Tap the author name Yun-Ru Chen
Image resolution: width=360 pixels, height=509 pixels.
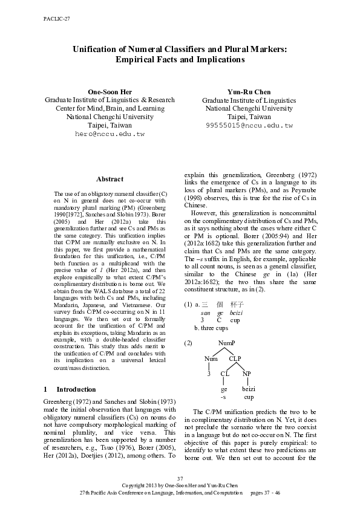[249, 91]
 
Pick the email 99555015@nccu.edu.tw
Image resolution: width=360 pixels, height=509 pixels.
[249, 125]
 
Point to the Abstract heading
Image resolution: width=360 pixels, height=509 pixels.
[110, 179]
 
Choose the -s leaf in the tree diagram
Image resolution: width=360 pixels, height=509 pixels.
[223, 397]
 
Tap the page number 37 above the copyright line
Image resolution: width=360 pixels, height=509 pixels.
[180, 479]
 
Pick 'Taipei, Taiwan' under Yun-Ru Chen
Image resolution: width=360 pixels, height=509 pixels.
[249, 117]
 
